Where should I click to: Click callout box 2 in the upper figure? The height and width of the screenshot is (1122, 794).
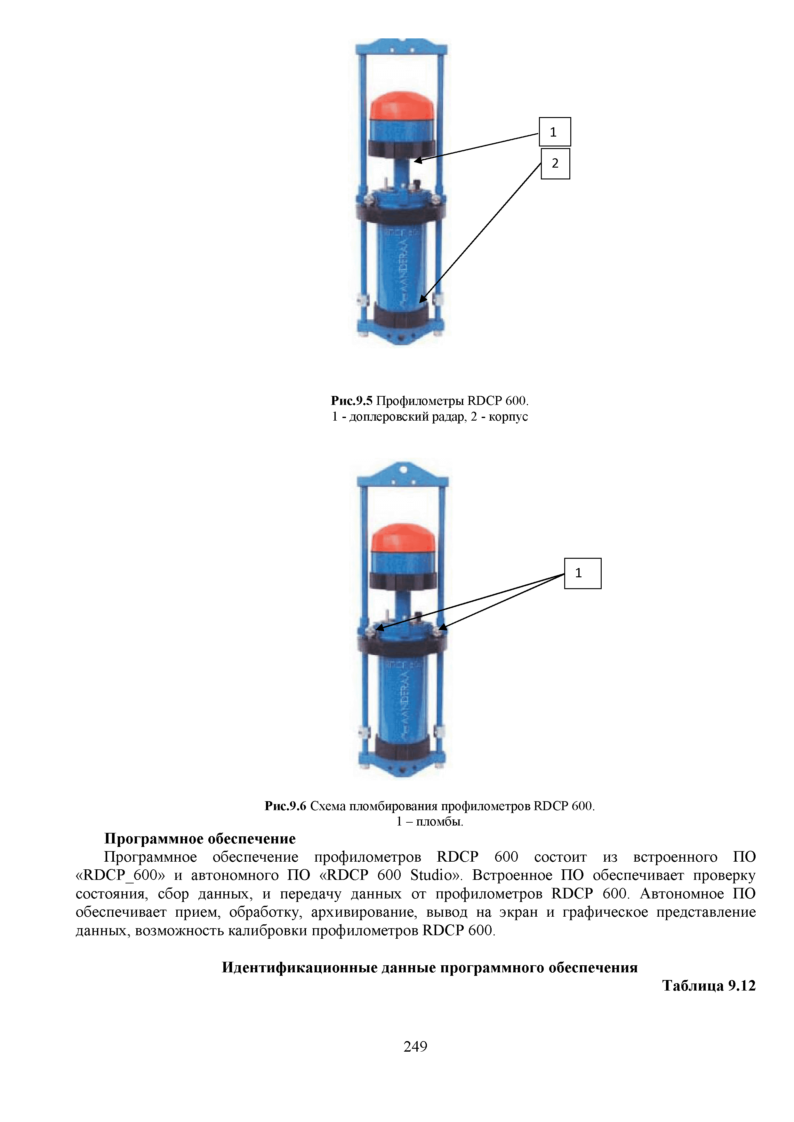(x=555, y=164)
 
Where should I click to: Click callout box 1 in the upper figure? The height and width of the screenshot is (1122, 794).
(x=554, y=132)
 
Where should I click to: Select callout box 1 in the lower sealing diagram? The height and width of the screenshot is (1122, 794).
(x=582, y=573)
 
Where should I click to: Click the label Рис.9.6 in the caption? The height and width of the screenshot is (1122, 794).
(x=285, y=806)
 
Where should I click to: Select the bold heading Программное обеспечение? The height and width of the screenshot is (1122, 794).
(x=200, y=839)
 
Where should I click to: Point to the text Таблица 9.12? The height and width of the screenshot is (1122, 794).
(x=709, y=986)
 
